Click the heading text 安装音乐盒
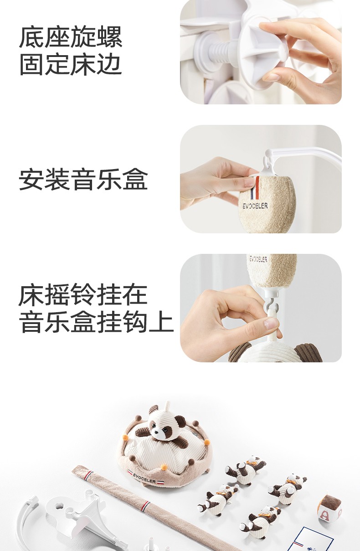[x=83, y=179]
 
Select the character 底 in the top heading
[x=32, y=37]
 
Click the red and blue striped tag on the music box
[x=255, y=188]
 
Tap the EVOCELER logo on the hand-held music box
[x=255, y=206]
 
